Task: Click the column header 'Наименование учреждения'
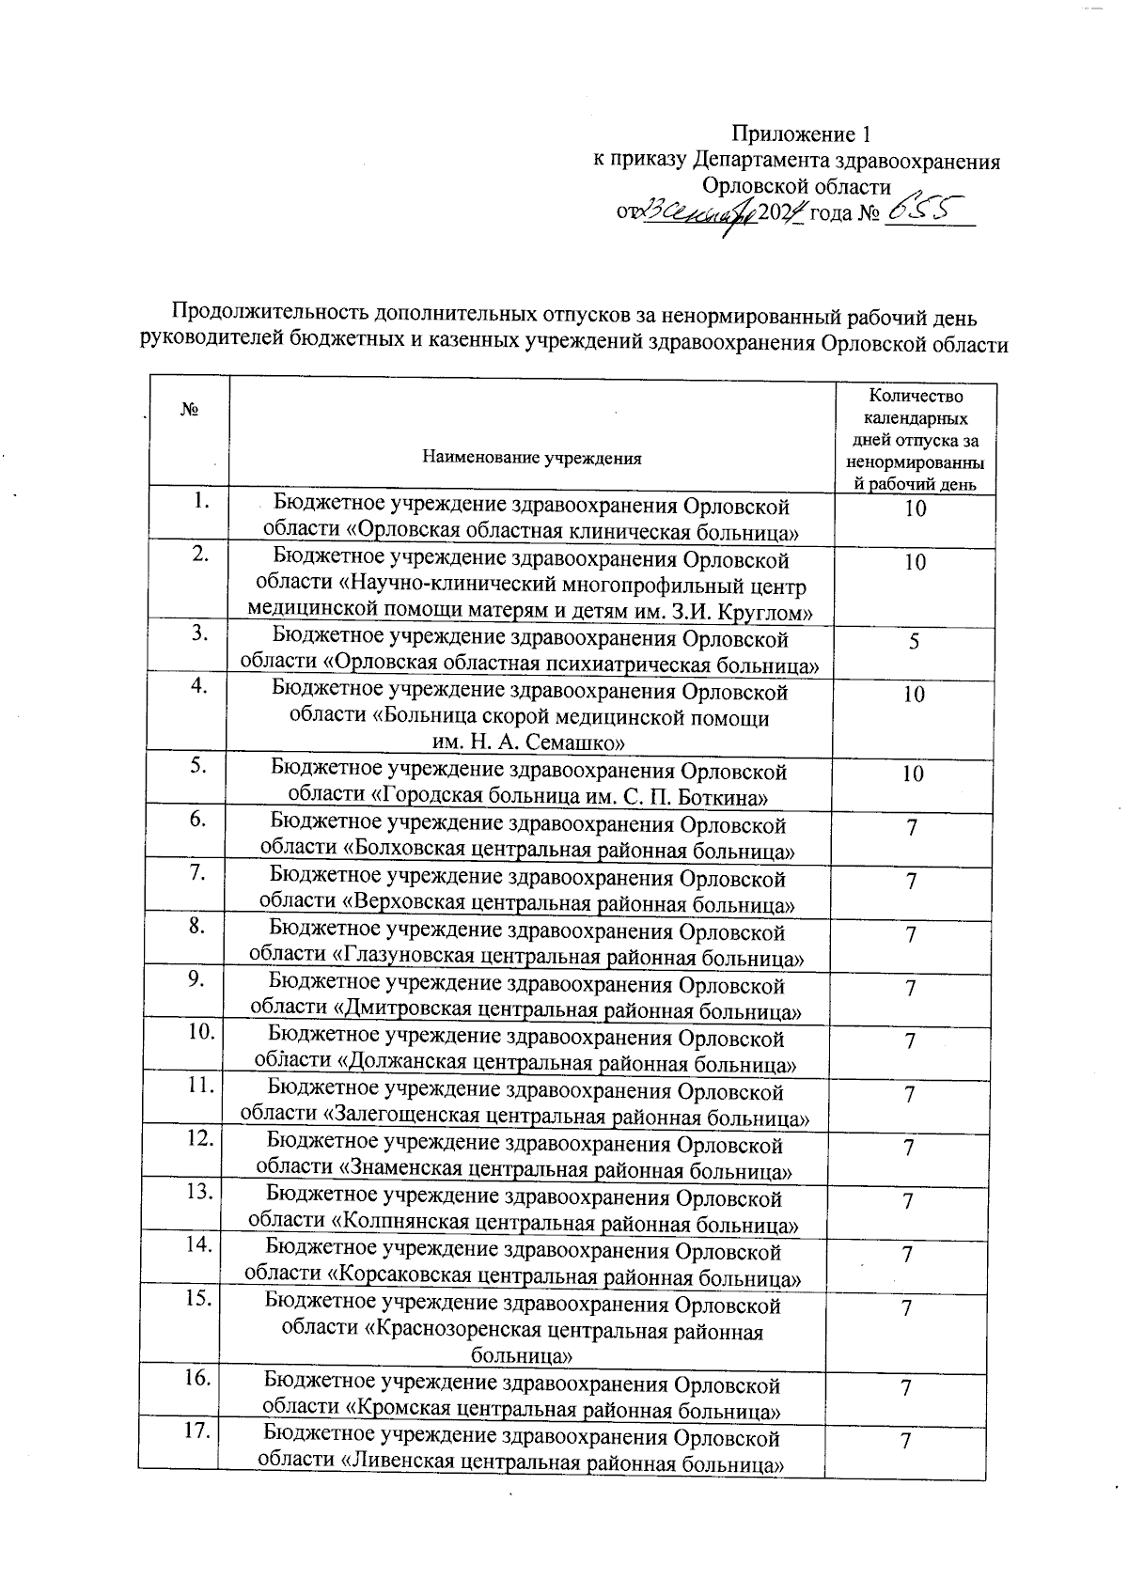tap(532, 459)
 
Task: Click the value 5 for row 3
tap(914, 642)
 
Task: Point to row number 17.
tap(198, 1432)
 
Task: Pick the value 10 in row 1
tap(915, 508)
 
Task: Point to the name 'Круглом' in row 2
tap(774, 612)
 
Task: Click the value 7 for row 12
tap(908, 1148)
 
